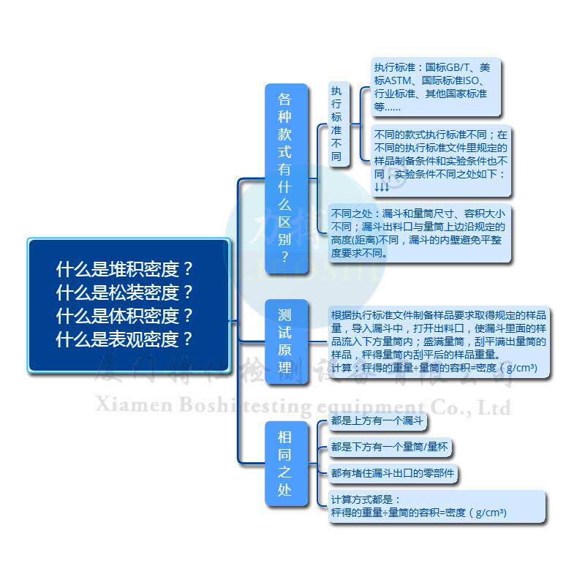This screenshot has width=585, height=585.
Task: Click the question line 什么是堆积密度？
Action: click(125, 268)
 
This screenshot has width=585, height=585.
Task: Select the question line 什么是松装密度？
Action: click(125, 292)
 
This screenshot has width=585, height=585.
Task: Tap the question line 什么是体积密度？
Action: click(125, 316)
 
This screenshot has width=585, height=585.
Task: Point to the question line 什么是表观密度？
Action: click(125, 339)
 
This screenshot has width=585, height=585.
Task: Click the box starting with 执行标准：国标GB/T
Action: click(437, 86)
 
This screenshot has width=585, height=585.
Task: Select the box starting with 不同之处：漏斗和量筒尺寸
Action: click(419, 233)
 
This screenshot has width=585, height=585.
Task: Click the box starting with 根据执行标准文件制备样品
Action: click(437, 341)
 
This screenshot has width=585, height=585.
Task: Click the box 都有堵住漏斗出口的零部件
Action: click(392, 474)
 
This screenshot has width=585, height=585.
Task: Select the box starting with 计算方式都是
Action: click(437, 506)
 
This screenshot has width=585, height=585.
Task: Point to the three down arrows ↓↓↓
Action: click(382, 187)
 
